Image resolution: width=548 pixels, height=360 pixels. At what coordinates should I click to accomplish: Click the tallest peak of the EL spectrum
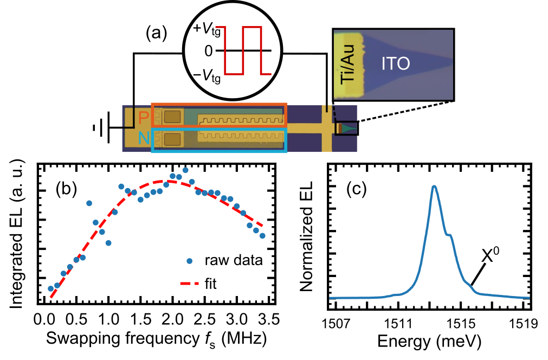434,187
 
